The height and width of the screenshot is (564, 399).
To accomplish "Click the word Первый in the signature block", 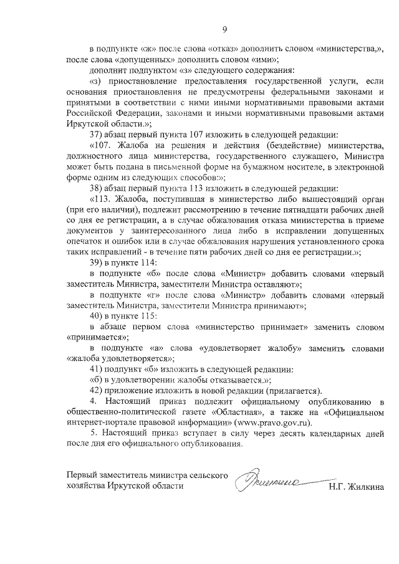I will (83, 476).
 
